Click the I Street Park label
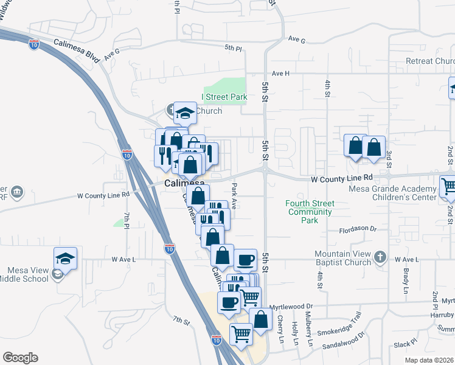click(224, 97)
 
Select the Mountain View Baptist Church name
click(342, 258)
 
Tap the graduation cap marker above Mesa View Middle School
click(65, 258)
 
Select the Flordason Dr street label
click(359, 231)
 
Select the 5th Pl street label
click(233, 47)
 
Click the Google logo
click(20, 358)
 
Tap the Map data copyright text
click(429, 360)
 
